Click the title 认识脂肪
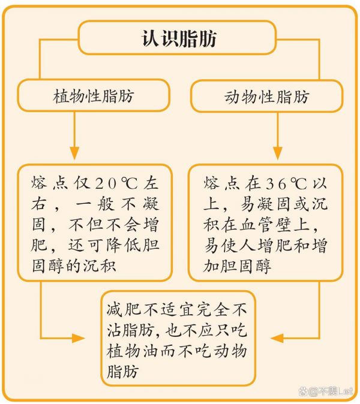tap(179, 38)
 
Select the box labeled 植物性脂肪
tap(94, 95)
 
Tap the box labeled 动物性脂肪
tap(266, 96)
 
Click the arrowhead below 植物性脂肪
tap(74, 153)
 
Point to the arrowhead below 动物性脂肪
tap(278, 153)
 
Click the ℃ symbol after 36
tap(299, 183)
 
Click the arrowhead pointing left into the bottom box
tap(277, 338)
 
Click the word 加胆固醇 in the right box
tap(237, 266)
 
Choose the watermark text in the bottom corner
tap(326, 391)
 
